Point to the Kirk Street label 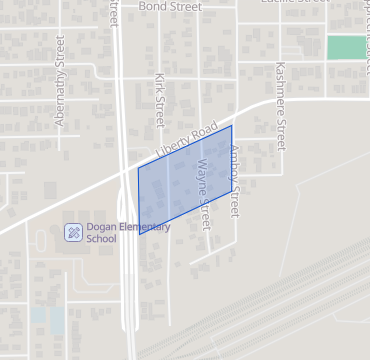pyautogui.click(x=158, y=98)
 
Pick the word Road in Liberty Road pyautogui.click(x=204, y=131)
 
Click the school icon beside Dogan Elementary pyautogui.click(x=73, y=233)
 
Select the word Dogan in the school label pyautogui.click(x=101, y=227)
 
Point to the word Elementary pyautogui.click(x=144, y=227)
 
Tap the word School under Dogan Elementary pyautogui.click(x=101, y=239)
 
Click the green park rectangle pyautogui.click(x=346, y=47)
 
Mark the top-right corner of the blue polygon pyautogui.click(x=232, y=125)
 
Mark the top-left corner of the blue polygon pyautogui.click(x=138, y=168)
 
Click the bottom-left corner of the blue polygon pyautogui.click(x=140, y=234)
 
